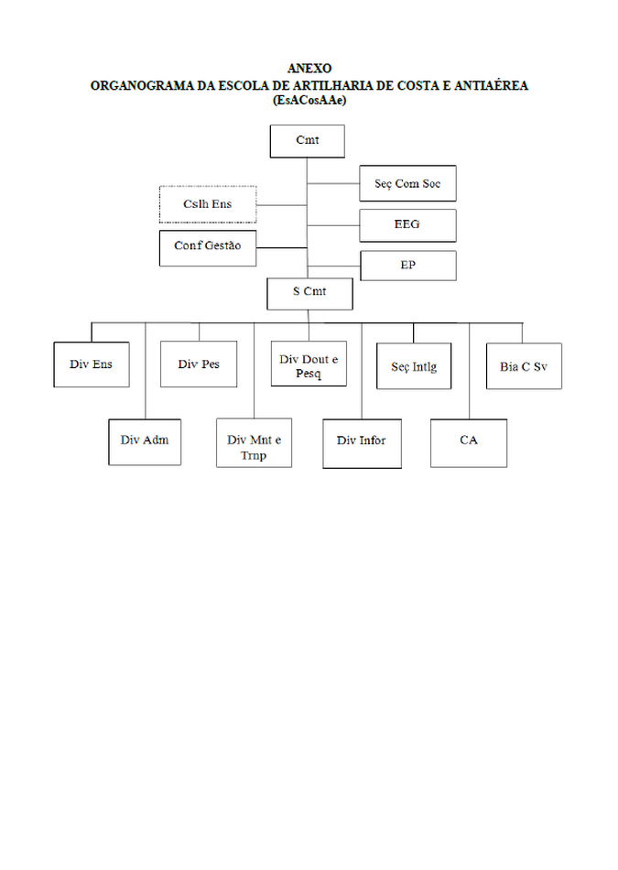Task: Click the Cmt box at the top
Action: [x=308, y=141]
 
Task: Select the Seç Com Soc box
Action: [x=407, y=183]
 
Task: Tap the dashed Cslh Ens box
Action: [x=208, y=205]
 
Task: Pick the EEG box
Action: [x=407, y=225]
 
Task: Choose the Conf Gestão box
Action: [x=208, y=248]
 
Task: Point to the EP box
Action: [x=408, y=266]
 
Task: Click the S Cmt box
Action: [x=309, y=294]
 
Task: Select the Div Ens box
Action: [x=92, y=364]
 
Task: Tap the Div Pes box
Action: [x=199, y=364]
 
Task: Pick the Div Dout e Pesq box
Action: [x=309, y=364]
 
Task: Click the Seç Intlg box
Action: [x=414, y=366]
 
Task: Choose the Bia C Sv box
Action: [x=525, y=366]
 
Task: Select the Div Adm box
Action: [x=145, y=442]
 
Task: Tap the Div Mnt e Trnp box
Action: [x=255, y=442]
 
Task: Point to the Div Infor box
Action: [x=363, y=444]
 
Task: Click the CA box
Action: [x=469, y=443]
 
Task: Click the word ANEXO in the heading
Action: [x=309, y=69]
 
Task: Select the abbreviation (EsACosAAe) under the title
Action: [x=309, y=100]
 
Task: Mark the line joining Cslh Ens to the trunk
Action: [x=282, y=205]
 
